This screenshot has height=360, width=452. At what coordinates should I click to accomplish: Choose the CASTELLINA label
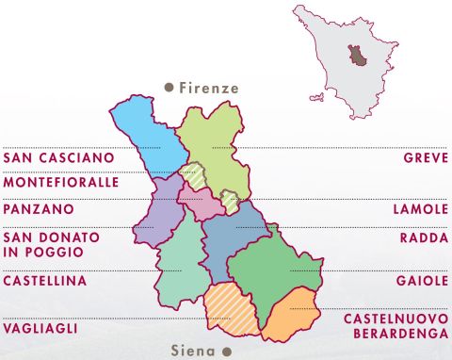click(45, 281)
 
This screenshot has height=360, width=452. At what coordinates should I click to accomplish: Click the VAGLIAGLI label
click(40, 328)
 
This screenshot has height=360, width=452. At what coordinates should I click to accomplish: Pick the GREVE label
click(426, 156)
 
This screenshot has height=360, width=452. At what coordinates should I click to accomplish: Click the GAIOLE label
click(422, 281)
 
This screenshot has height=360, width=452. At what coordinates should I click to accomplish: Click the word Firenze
click(209, 88)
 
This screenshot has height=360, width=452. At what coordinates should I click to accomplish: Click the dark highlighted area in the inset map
click(357, 56)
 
